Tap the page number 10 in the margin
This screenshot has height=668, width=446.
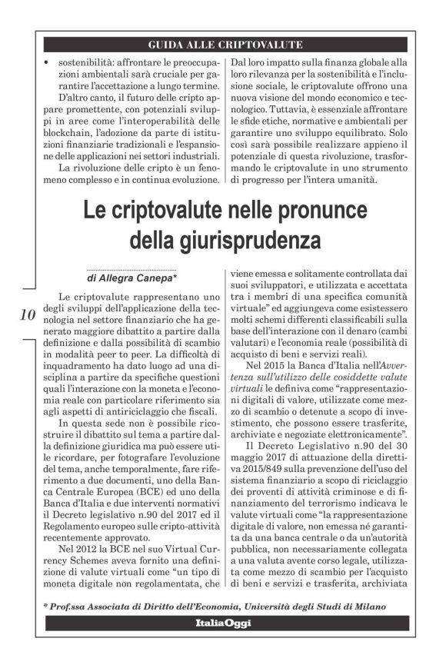[x=25, y=314]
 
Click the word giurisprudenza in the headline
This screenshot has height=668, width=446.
[x=225, y=240]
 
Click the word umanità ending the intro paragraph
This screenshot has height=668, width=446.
[x=351, y=181]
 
